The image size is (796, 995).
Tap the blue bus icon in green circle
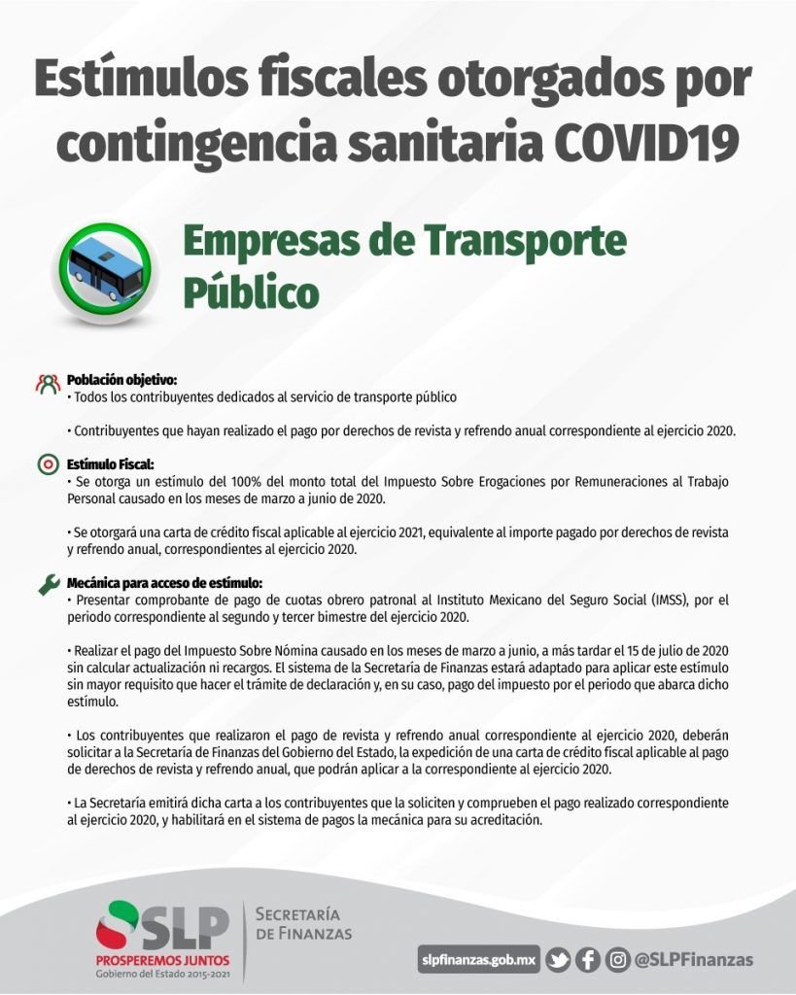[104, 267]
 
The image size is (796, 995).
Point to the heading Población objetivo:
[121, 380]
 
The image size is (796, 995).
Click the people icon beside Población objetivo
[48, 383]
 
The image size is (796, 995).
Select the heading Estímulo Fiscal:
[110, 464]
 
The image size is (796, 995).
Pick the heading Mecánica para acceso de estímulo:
[163, 584]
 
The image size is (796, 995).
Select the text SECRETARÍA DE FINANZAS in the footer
[302, 924]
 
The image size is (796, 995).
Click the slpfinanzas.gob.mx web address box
[478, 960]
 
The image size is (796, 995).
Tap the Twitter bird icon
[558, 960]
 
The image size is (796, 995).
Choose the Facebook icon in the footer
[587, 960]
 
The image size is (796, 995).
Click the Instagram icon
[616, 960]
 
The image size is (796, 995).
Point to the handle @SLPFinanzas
[693, 960]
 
